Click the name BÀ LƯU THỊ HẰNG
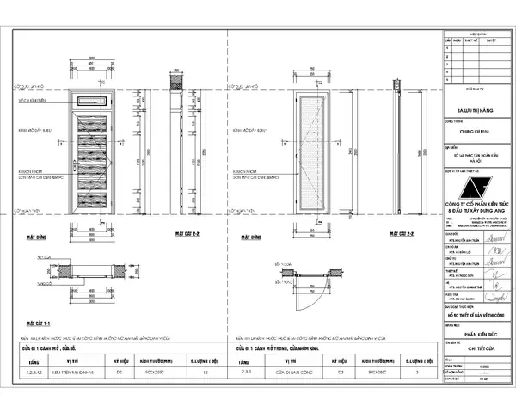click(x=477, y=109)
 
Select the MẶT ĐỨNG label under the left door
click(x=34, y=234)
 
